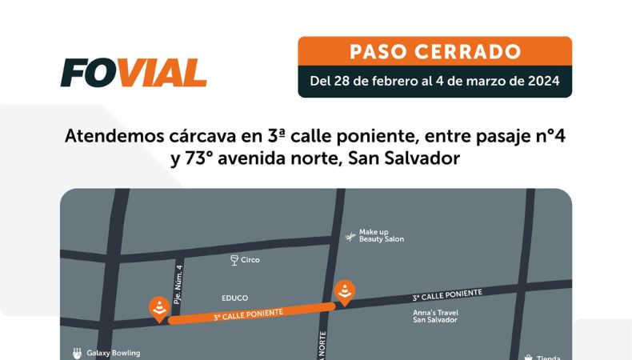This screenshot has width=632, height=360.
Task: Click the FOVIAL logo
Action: click(x=133, y=73)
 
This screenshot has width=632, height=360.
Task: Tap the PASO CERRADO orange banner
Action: click(x=434, y=52)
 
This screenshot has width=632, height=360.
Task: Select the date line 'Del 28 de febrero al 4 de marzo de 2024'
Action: click(x=434, y=81)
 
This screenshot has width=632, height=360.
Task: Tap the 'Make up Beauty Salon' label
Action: click(x=381, y=235)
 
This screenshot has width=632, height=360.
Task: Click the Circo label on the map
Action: click(x=250, y=260)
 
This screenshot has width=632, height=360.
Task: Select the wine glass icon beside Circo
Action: click(x=234, y=260)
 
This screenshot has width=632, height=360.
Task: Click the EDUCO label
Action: click(x=235, y=297)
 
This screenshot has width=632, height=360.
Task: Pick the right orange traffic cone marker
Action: click(x=345, y=292)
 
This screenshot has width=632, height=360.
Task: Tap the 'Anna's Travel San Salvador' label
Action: click(x=434, y=315)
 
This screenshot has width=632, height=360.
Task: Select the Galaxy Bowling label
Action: click(x=112, y=353)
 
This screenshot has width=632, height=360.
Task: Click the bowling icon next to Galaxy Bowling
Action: click(x=76, y=353)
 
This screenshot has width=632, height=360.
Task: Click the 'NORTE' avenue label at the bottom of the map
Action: click(x=323, y=348)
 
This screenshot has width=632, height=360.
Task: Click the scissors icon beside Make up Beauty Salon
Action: click(x=349, y=236)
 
